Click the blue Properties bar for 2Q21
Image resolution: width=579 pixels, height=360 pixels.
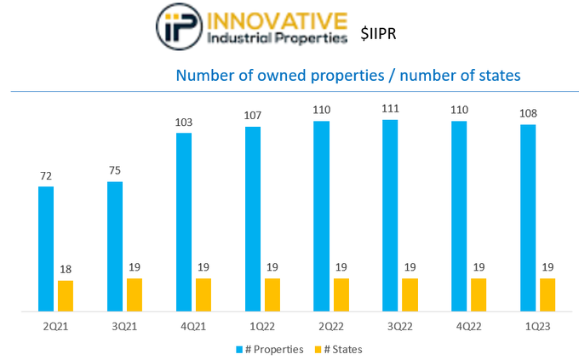point(46,249)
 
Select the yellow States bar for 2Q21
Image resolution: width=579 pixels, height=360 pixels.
point(66,295)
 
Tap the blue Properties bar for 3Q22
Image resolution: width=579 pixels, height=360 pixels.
point(390,215)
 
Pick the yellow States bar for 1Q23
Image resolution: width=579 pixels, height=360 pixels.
point(547,294)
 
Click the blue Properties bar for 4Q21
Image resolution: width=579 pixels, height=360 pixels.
point(184,222)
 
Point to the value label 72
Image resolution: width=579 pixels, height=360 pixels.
point(46,176)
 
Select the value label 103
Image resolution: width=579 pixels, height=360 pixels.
point(184,123)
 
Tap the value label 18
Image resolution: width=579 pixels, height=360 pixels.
point(66,270)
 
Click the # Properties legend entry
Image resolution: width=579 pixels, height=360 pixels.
point(269,349)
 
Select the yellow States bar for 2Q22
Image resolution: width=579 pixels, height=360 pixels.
point(341,294)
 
